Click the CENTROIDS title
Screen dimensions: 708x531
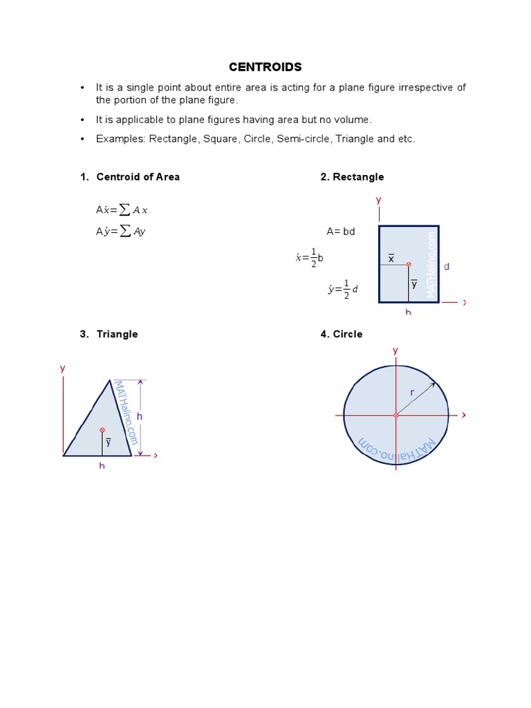click(x=265, y=67)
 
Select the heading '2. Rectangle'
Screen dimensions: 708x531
click(x=352, y=177)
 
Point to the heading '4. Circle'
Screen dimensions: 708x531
click(x=342, y=334)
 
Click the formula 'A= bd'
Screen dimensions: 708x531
click(x=341, y=232)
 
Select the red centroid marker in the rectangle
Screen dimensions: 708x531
click(x=409, y=264)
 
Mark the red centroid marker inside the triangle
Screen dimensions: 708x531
click(x=102, y=430)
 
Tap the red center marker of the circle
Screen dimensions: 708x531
click(x=396, y=416)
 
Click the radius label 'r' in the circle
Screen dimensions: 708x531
click(x=412, y=392)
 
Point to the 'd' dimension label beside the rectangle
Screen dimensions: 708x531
click(x=447, y=266)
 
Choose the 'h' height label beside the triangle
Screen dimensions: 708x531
click(x=139, y=416)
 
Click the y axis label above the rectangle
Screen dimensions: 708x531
click(x=378, y=200)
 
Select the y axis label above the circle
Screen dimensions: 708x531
click(x=395, y=351)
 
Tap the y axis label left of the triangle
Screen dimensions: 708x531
click(x=62, y=369)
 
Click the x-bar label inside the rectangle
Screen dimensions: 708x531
click(x=391, y=258)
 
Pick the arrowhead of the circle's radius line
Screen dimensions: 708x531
click(x=434, y=384)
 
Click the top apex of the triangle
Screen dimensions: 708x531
click(x=109, y=380)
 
